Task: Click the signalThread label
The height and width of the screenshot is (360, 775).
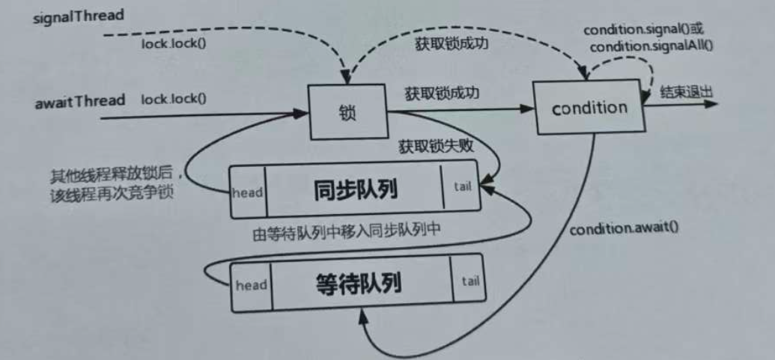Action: coord(79,16)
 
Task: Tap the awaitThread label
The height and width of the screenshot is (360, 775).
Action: coord(80,101)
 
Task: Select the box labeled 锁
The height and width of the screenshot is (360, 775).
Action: coord(346,113)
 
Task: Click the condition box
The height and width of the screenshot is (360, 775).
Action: coord(589,109)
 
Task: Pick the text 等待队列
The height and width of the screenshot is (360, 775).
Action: coord(360,284)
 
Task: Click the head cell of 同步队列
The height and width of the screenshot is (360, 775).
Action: coord(247,192)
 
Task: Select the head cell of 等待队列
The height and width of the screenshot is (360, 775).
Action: coord(252,286)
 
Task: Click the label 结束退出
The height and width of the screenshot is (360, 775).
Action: coord(685,93)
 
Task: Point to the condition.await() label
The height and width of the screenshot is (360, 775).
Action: coord(624,229)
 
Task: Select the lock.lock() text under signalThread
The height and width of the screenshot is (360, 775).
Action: coord(174,43)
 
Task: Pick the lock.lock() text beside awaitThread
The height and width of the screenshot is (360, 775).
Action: coord(174,100)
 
